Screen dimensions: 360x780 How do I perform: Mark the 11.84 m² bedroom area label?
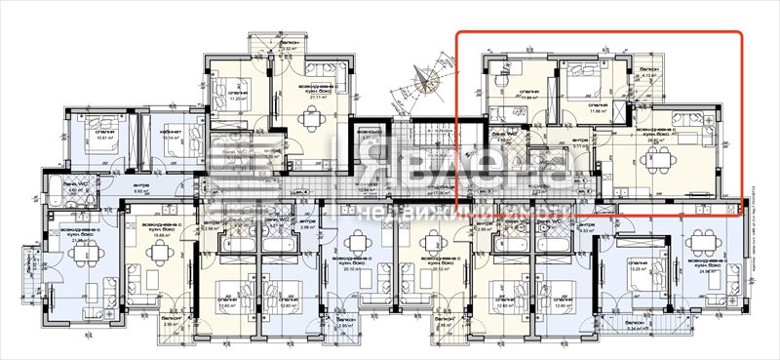point(530,98)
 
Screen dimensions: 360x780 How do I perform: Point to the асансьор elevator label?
point(367,131)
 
